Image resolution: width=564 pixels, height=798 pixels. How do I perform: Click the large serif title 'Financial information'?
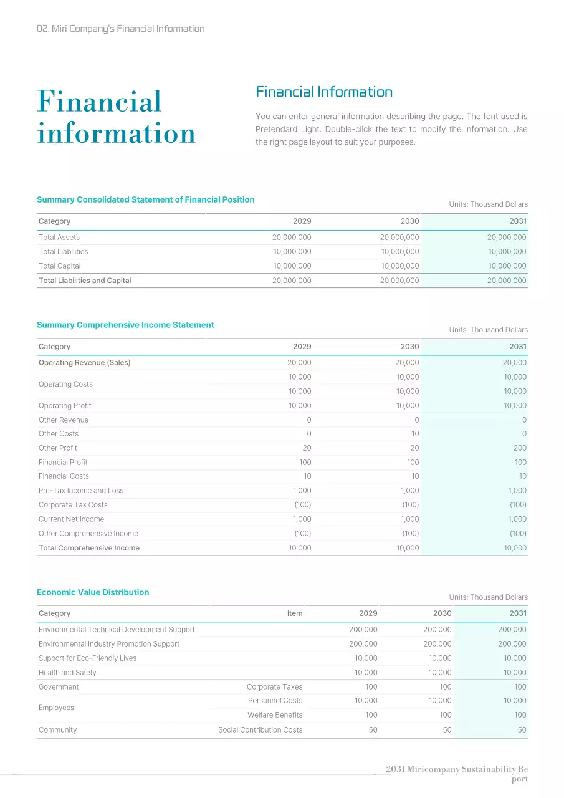tap(116, 117)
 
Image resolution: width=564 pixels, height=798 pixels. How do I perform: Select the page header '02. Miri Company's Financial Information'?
tap(120, 29)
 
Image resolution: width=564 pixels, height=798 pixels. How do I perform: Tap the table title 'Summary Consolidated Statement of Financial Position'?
tap(145, 200)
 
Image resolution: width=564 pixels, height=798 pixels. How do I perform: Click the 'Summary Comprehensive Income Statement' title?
tap(125, 325)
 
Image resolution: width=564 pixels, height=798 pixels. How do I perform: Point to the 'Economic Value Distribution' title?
tap(93, 592)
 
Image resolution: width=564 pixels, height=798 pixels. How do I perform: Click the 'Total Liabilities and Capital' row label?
tap(85, 281)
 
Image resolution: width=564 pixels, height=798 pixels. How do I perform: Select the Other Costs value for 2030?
tap(415, 434)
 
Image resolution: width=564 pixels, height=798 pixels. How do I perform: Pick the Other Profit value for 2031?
tap(520, 448)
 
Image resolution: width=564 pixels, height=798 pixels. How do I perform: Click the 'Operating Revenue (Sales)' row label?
tap(85, 363)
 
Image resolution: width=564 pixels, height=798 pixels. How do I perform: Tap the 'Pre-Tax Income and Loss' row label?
tap(81, 491)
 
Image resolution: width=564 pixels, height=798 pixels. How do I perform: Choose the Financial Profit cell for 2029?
tap(304, 463)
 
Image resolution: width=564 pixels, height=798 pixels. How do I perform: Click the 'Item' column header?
tap(295, 613)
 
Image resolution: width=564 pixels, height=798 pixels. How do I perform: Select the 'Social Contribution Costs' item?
tap(260, 730)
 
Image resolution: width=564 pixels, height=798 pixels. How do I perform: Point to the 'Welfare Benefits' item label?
tap(275, 715)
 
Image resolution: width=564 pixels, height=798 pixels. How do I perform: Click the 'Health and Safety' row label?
tap(67, 673)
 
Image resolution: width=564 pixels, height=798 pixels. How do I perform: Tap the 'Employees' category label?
tap(56, 708)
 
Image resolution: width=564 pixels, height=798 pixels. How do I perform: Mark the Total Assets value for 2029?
tap(292, 238)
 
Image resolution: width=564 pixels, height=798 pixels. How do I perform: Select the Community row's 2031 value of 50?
tap(522, 730)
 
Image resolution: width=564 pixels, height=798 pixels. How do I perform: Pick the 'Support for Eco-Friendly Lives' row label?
tap(87, 658)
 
